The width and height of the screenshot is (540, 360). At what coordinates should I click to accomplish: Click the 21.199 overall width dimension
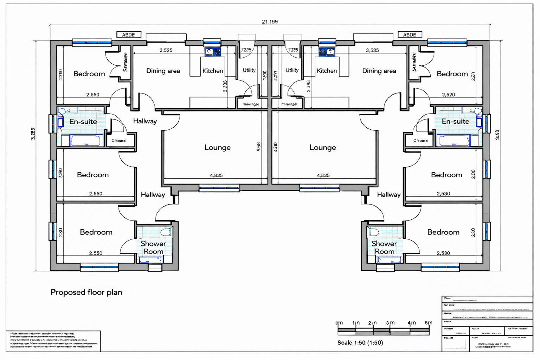point(270,22)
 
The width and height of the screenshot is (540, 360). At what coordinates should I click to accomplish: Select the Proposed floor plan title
point(86,292)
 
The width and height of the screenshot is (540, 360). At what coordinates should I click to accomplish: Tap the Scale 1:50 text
point(360,343)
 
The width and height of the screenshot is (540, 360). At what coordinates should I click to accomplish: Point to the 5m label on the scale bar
point(428,323)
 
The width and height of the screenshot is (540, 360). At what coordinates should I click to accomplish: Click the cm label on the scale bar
point(339,323)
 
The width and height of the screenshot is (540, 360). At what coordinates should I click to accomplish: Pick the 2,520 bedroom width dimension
point(448,95)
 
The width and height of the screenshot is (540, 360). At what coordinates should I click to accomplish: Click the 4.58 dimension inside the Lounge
point(259,147)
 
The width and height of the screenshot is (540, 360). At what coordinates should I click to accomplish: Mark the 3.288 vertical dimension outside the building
point(33,134)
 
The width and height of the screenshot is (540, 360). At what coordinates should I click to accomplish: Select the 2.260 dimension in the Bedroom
point(60,75)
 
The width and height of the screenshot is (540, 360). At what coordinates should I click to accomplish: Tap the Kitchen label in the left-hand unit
point(213,71)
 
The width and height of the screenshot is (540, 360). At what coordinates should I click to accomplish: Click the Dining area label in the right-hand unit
point(379,71)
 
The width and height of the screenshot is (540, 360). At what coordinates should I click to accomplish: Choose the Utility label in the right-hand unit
point(292,70)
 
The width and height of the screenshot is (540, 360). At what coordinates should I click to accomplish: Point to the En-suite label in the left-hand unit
point(83,122)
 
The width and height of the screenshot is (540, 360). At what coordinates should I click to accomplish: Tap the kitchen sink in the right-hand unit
point(327,52)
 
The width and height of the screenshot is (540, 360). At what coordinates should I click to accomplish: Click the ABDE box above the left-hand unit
point(129,35)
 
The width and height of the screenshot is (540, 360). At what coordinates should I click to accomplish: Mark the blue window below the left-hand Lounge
point(219,188)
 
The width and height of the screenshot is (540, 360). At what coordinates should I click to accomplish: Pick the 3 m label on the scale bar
point(390,323)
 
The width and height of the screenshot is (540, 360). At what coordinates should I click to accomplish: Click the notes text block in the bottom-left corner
point(53,340)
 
